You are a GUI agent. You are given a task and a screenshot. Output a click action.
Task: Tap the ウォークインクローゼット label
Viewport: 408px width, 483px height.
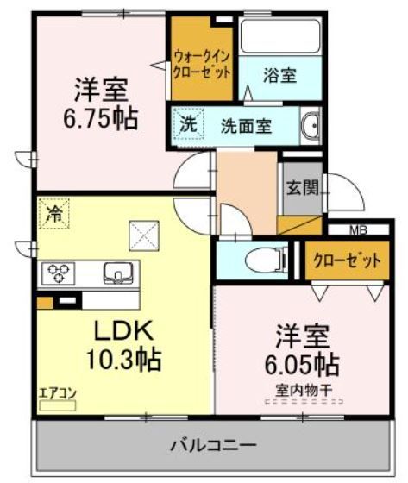coord(202,63)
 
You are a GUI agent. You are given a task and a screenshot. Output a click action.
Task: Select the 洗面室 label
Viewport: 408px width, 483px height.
coord(246,125)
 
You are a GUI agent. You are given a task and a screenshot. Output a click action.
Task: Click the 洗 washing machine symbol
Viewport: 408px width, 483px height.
coord(187,123)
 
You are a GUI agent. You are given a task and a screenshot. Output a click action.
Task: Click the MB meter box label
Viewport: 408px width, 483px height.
coord(356,229)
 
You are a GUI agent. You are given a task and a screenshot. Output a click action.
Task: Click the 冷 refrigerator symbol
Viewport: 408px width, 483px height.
coord(53,213)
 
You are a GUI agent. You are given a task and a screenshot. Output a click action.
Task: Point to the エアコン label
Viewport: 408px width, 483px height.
coord(58,394)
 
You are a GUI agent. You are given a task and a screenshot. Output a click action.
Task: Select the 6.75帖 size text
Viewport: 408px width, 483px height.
coord(100,119)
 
